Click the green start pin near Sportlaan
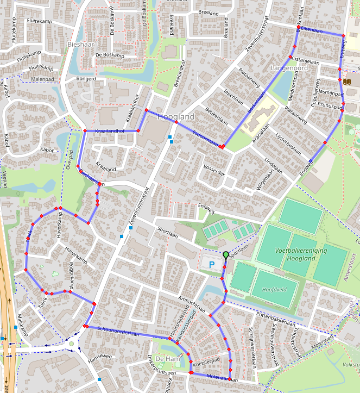[226, 254]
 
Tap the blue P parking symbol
[212, 265]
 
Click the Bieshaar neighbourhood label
[81, 43]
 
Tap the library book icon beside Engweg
[347, 82]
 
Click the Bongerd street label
[86, 79]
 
